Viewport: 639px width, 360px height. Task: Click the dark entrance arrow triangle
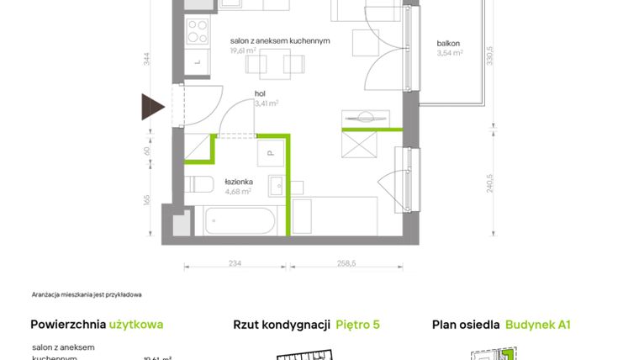coord(152,107)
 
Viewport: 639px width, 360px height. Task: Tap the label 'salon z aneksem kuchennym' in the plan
coord(280,40)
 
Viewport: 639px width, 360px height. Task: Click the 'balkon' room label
coord(448,43)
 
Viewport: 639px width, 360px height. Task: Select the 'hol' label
coord(261,94)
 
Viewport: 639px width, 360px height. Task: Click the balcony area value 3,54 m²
coord(450,53)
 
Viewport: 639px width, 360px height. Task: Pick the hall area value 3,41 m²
coord(266,104)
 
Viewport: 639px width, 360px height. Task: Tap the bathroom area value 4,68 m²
coord(240,190)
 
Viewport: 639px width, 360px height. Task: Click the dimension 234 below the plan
coord(235,264)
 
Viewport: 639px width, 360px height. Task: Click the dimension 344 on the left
coord(146,58)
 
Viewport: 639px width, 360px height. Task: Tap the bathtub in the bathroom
coord(238,221)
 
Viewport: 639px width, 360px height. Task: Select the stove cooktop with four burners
coord(196,32)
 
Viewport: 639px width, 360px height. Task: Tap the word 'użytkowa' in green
coord(136,324)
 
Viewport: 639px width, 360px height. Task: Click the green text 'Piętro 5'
coord(358,324)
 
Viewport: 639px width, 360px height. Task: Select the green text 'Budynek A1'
coord(538,324)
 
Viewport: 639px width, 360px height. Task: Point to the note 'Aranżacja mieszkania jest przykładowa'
coord(87,294)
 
